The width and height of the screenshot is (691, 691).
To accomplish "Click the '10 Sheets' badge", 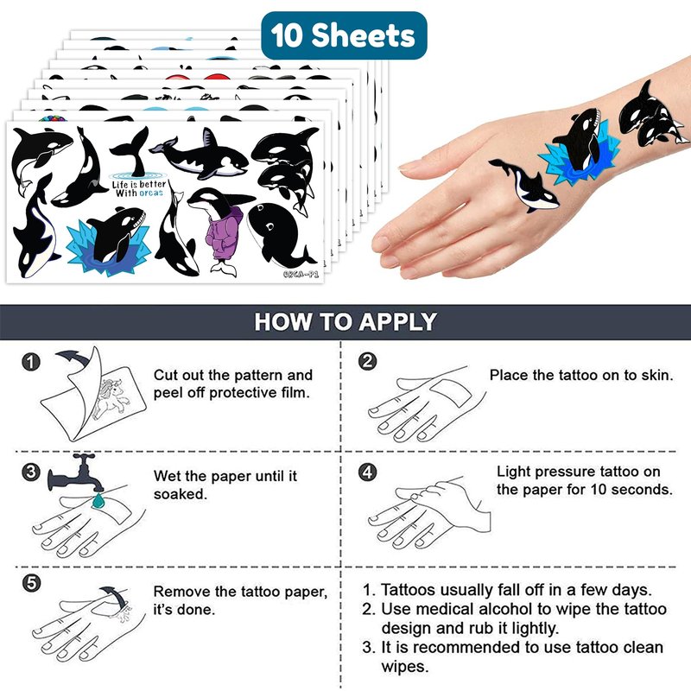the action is click(344, 35).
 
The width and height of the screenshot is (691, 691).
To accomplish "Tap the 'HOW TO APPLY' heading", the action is click(345, 321).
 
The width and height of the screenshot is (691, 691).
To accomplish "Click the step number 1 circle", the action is click(31, 362).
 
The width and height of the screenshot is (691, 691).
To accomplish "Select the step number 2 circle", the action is click(368, 361).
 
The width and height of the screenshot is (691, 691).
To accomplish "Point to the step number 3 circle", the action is click(31, 472).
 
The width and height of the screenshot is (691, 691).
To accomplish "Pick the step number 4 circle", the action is click(368, 472).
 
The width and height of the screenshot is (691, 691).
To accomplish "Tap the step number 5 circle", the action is click(31, 583).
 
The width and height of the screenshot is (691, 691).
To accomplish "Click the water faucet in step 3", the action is click(76, 473).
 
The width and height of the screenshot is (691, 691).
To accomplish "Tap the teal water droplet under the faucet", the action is click(98, 500).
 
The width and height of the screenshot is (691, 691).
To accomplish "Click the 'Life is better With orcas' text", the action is click(138, 188).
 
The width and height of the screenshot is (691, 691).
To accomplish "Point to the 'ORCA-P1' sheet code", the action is click(301, 274).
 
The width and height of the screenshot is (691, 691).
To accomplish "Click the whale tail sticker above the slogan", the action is click(131, 151).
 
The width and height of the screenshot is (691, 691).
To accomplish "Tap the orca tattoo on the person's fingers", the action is click(524, 185).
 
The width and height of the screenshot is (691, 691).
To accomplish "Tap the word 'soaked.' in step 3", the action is click(181, 494).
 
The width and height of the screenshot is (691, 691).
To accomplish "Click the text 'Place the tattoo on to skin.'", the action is click(581, 375).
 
